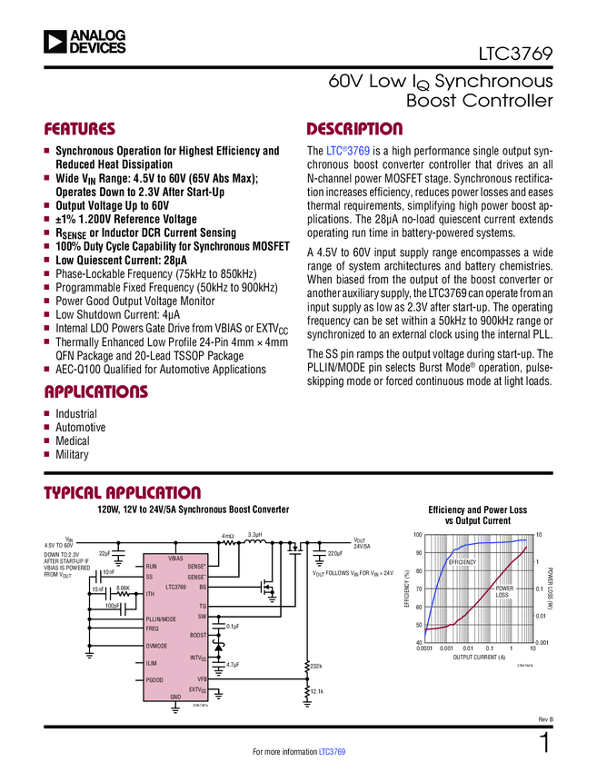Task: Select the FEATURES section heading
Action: tap(80, 129)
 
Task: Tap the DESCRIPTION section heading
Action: tap(354, 129)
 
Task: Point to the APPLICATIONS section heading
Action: tap(95, 392)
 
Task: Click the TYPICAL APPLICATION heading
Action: tap(116, 493)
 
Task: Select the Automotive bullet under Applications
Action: tap(80, 427)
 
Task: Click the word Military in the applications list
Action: tap(73, 454)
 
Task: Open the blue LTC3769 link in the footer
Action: tap(332, 753)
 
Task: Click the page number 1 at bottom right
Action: tap(544, 743)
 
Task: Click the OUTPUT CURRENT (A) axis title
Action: tap(478, 657)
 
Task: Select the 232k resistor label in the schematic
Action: tap(316, 667)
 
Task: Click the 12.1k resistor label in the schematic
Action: tap(317, 692)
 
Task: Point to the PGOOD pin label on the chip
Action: tap(154, 679)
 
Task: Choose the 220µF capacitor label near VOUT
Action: tap(334, 553)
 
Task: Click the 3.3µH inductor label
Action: tap(255, 535)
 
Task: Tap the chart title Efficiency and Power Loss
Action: tap(478, 510)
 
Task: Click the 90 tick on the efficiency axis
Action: tap(418, 553)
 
